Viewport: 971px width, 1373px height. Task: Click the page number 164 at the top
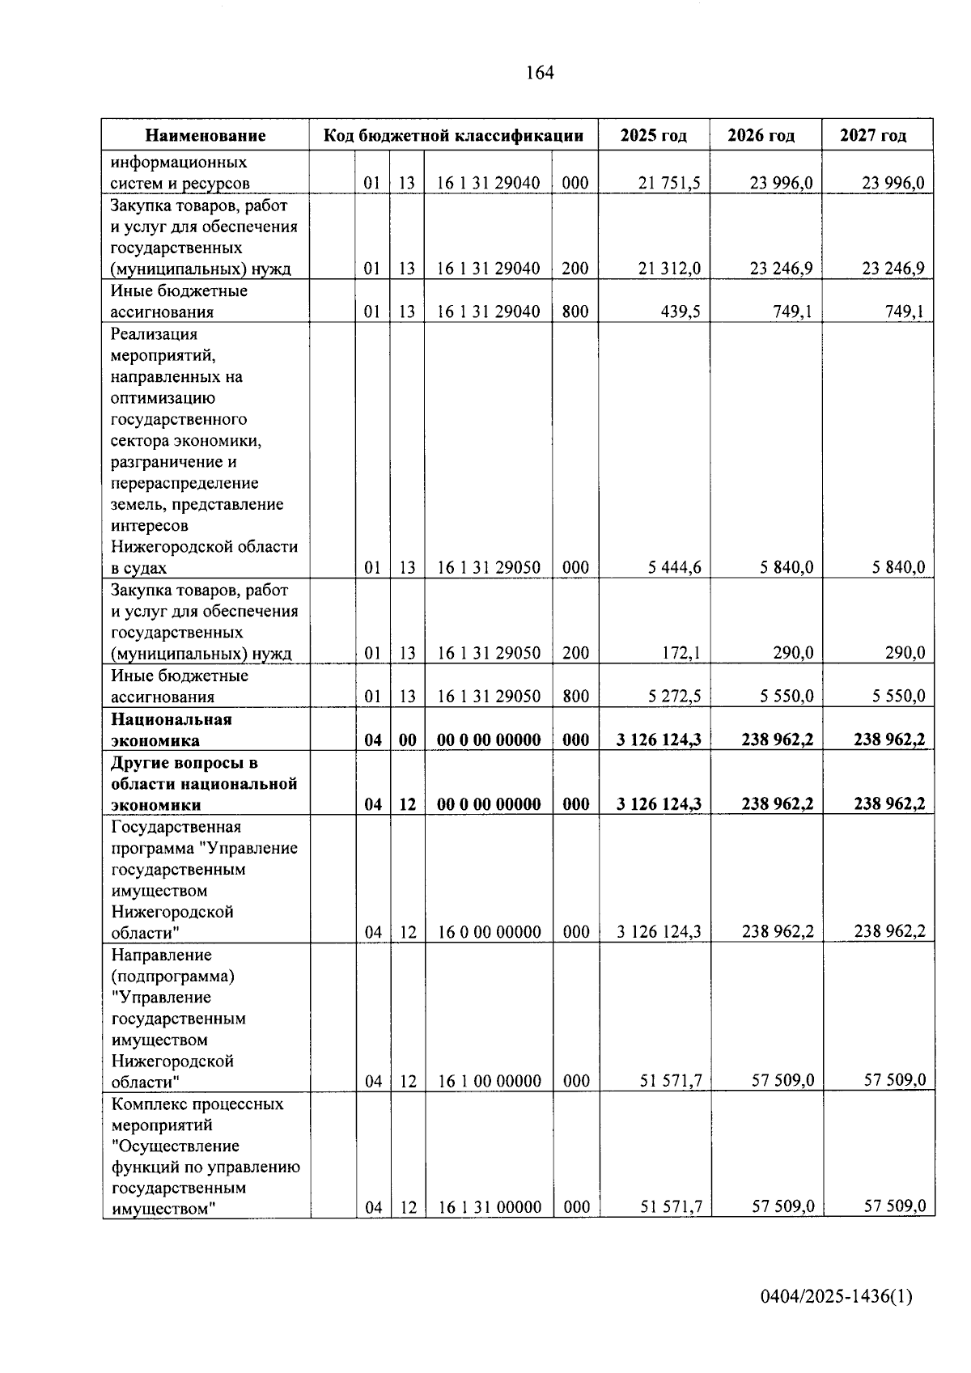pyautogui.click(x=540, y=73)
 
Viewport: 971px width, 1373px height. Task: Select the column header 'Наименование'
pyautogui.click(x=206, y=135)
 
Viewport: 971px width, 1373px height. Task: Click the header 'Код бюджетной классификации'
pyautogui.click(x=453, y=135)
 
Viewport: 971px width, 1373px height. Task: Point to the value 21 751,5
pyautogui.click(x=669, y=183)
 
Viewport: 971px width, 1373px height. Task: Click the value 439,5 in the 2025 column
pyautogui.click(x=681, y=311)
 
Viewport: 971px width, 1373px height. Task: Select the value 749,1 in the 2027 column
pyautogui.click(x=905, y=311)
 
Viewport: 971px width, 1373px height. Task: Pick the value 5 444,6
pyautogui.click(x=674, y=568)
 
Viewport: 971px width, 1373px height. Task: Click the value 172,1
pyautogui.click(x=681, y=653)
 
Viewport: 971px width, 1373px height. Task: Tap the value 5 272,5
pyautogui.click(x=674, y=696)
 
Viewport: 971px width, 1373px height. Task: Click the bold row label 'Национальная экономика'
pyautogui.click(x=172, y=730)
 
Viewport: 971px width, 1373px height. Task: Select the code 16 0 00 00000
pyautogui.click(x=489, y=932)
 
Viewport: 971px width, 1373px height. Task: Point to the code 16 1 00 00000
pyautogui.click(x=489, y=1081)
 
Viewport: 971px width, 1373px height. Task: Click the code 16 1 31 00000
pyautogui.click(x=490, y=1207)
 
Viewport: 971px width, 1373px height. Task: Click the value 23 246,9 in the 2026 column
pyautogui.click(x=781, y=269)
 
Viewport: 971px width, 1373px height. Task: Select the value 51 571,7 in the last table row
pyautogui.click(x=671, y=1207)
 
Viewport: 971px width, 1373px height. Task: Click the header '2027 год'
pyautogui.click(x=873, y=135)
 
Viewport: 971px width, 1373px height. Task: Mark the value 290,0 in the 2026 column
pyautogui.click(x=793, y=653)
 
